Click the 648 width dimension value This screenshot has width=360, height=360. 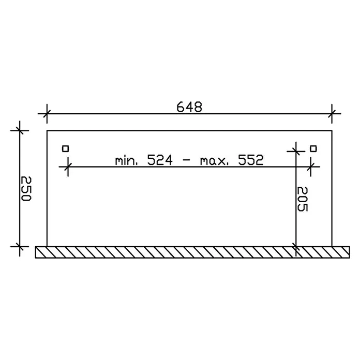[189, 107]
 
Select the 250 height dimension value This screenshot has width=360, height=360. [25, 188]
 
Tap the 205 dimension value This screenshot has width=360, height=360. [302, 199]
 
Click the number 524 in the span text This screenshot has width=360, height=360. [160, 160]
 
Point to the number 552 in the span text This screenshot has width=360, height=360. [251, 160]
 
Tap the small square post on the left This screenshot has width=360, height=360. [66, 149]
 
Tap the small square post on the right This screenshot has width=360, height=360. [313, 149]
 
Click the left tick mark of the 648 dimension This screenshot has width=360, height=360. [47, 113]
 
